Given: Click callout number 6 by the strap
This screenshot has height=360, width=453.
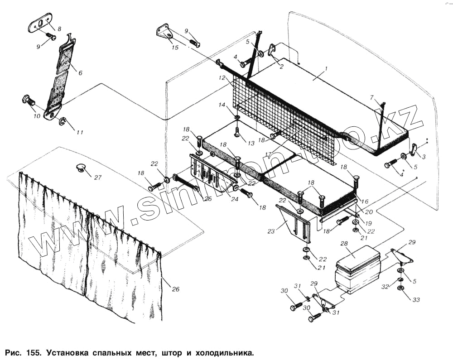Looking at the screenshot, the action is pyautogui.click(x=81, y=73).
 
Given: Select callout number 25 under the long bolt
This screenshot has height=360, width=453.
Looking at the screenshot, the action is pyautogui.click(x=207, y=199).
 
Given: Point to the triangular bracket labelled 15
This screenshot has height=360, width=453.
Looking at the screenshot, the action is pyautogui.click(x=165, y=33).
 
